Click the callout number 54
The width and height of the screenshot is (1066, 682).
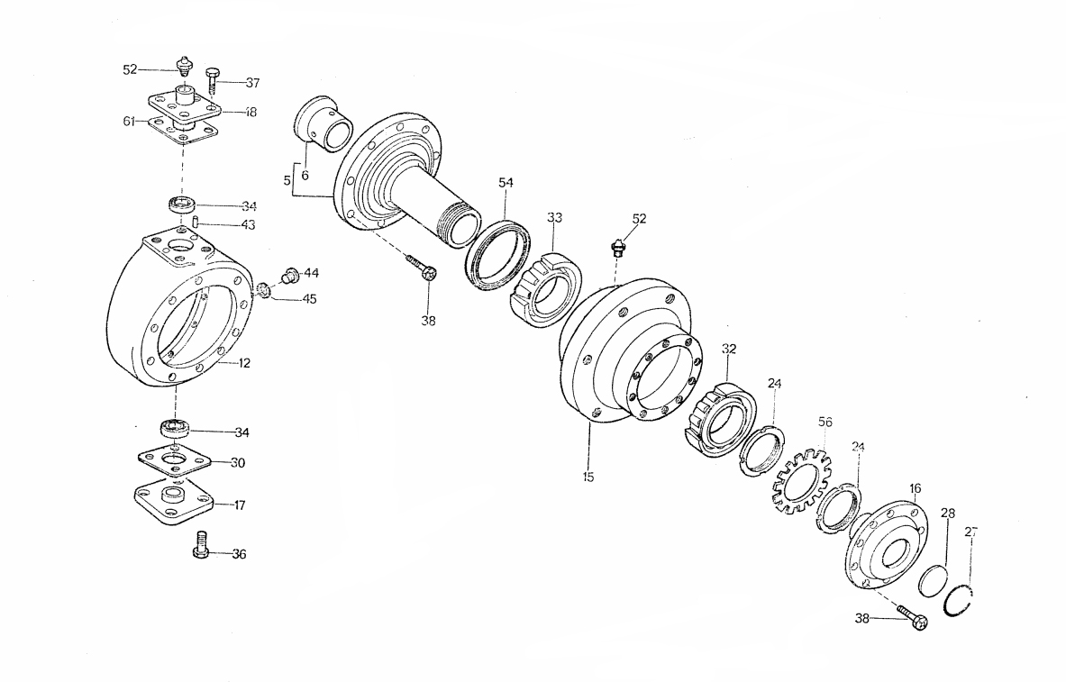pyautogui.click(x=506, y=183)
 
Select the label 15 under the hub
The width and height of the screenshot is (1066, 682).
pyautogui.click(x=588, y=477)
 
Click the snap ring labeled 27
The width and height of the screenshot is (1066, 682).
pyautogui.click(x=963, y=601)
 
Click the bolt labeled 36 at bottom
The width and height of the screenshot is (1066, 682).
pyautogui.click(x=203, y=545)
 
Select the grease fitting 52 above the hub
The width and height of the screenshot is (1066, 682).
pyautogui.click(x=618, y=247)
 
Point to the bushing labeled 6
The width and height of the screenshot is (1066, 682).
pyautogui.click(x=323, y=123)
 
